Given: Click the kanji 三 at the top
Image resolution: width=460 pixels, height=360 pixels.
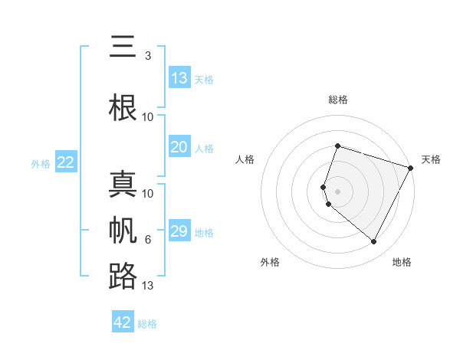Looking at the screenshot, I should click(123, 47).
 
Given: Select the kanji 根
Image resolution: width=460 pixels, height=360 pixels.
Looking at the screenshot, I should click(123, 106).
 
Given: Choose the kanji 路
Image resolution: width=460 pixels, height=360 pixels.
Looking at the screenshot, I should click(123, 276).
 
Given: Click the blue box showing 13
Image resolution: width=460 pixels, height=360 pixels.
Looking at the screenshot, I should click(179, 78).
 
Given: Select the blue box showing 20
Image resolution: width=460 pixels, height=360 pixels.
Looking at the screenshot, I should click(179, 148).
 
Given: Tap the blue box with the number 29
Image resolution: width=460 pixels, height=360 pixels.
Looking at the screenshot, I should click(179, 231).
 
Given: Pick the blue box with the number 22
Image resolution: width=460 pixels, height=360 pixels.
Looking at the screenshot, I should click(66, 162).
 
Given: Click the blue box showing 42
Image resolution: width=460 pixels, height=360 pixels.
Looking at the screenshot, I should click(123, 322).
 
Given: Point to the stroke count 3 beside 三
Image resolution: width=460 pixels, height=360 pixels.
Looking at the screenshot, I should click(147, 56).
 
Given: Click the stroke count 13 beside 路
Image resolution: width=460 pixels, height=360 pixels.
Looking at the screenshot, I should click(148, 286).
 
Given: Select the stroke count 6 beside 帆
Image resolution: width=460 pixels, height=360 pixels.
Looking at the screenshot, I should click(147, 240).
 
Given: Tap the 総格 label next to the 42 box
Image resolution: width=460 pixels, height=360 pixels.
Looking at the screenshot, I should click(147, 324).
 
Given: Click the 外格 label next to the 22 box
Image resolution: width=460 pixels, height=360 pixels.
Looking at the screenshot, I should click(41, 163).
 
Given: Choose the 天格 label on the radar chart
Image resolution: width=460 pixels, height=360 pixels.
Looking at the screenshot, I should click(431, 159).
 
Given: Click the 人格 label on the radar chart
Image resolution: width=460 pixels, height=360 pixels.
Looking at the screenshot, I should click(245, 159).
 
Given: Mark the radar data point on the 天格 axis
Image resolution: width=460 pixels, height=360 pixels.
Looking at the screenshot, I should click(411, 168).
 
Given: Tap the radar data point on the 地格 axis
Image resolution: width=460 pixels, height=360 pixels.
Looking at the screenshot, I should click(374, 242).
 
